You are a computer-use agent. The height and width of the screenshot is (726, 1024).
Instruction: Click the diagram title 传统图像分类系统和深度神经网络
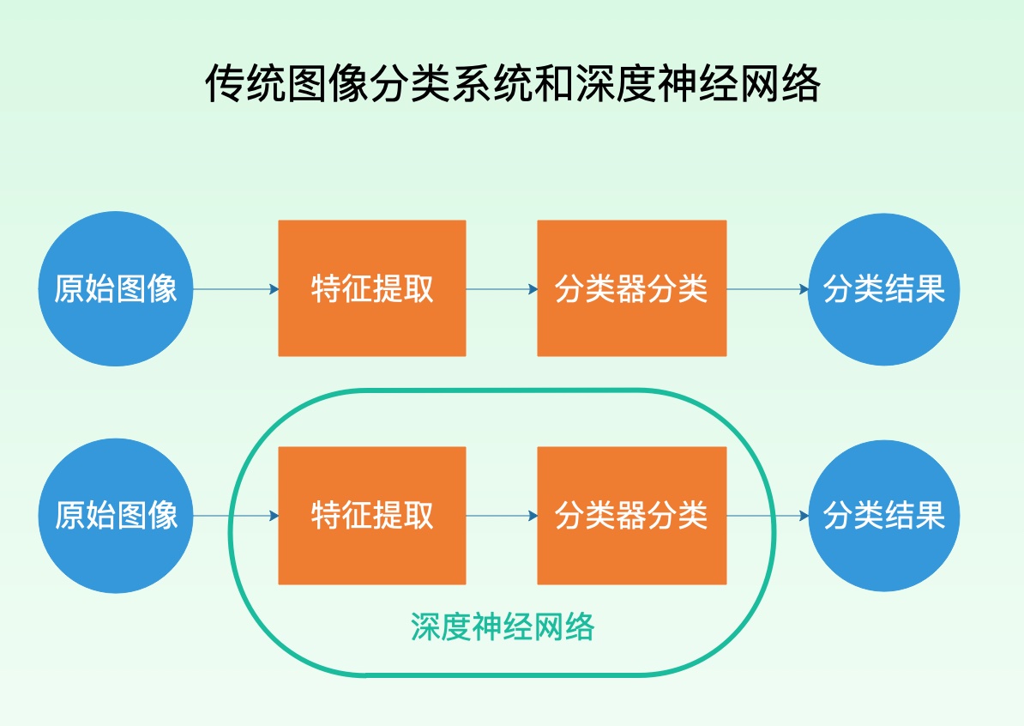pos(512,84)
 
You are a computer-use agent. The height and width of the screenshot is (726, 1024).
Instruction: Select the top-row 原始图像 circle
pos(116,288)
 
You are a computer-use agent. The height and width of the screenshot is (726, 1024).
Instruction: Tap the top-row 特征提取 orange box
pos(372,288)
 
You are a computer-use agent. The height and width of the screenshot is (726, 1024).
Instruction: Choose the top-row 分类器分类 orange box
pos(631,288)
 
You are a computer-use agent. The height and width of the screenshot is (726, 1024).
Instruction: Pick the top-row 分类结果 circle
pos(884,288)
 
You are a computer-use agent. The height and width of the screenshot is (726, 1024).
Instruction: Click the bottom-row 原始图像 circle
pos(116,515)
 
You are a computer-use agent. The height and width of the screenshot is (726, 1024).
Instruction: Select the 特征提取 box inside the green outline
pos(372,515)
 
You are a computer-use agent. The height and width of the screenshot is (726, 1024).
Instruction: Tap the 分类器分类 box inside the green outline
pos(631,515)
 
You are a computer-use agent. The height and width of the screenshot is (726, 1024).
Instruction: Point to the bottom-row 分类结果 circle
pos(884,515)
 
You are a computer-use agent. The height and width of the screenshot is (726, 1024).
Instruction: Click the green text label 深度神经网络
pos(502,627)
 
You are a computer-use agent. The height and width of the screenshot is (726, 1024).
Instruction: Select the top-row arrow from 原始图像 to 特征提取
pos(236,289)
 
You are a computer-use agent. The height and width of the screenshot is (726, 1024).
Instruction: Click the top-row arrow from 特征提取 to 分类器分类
pos(502,289)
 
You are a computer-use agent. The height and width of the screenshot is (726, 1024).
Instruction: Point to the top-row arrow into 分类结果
pos(768,289)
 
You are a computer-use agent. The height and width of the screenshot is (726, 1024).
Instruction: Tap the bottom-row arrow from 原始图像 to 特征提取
pos(236,516)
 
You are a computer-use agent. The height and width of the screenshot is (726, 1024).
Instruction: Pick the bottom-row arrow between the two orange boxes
pos(502,516)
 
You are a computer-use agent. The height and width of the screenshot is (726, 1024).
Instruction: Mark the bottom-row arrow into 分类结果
pos(768,516)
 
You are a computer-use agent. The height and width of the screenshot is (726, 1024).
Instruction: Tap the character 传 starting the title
pos(225,84)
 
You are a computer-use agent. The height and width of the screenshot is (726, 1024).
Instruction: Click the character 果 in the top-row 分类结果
pos(930,288)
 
